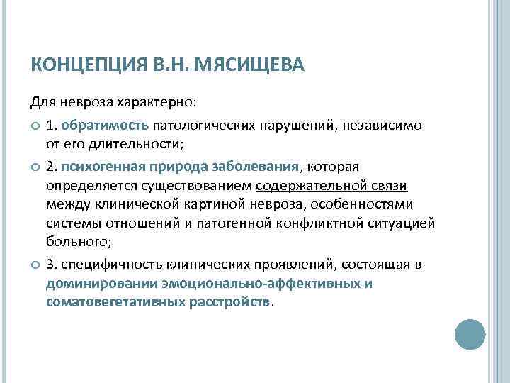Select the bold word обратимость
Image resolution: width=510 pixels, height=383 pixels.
pos(104,126)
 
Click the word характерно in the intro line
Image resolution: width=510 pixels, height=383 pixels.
pos(152,104)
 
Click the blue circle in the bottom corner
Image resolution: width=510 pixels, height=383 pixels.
pos(470,334)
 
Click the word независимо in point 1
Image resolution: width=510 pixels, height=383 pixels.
pos(384,126)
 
